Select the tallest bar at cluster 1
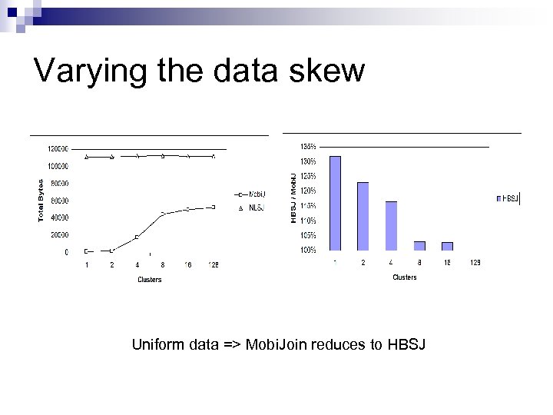point(335,203)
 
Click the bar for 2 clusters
point(363,216)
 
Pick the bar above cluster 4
point(391,225)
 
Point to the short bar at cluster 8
point(419,246)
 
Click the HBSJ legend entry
point(508,198)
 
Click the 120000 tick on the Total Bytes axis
point(58,148)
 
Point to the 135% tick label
point(307,146)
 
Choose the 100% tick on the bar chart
point(307,251)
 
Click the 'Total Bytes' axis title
point(41,201)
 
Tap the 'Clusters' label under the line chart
point(149,280)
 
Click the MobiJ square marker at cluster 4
point(137,237)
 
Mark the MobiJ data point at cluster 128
point(213,207)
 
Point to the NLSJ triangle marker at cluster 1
point(87,157)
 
